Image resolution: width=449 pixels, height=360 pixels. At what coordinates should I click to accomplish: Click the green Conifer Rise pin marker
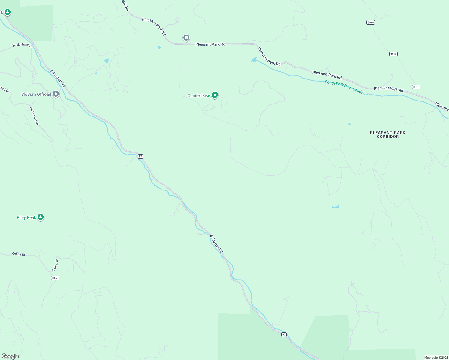pos(215,95)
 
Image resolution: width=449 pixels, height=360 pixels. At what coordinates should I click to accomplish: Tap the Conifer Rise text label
pos(199,95)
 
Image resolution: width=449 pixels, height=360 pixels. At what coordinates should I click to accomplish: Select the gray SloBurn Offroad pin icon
pos(56,94)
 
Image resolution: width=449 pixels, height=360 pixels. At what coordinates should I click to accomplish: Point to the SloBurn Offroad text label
pos(36,94)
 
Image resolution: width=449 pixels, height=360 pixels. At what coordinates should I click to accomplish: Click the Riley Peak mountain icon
pos(41,217)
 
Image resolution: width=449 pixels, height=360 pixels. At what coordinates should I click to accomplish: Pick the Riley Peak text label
pos(26,217)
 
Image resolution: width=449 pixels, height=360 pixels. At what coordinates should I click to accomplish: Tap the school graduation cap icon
pos(186,38)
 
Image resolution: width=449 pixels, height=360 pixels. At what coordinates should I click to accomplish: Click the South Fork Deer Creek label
pos(343,87)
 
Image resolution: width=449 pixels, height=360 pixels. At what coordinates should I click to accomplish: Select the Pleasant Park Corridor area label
pos(387,134)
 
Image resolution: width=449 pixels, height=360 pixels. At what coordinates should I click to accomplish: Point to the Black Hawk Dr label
pos(22,45)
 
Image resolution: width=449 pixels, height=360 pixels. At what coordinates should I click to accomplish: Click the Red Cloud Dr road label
pos(34,115)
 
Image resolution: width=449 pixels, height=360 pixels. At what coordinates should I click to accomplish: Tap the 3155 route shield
pos(55,278)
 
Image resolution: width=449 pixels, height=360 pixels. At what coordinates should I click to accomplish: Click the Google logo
pos(10,356)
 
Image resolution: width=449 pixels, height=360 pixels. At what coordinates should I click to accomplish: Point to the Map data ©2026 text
pos(436,358)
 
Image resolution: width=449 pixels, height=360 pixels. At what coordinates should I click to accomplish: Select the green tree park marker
pos(8,12)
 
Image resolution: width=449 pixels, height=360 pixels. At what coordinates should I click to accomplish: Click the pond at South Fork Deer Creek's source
pos(254,60)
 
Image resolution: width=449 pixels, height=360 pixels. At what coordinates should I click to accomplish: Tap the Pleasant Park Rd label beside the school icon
pos(210,44)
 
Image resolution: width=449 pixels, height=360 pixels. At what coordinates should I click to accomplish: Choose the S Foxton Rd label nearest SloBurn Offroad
pos(58,79)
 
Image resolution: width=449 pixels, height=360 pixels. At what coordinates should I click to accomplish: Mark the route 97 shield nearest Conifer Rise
pos(140,156)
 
